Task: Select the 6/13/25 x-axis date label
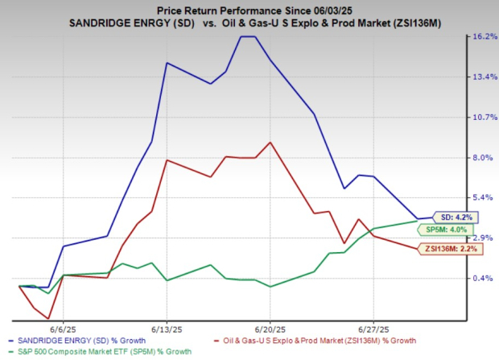point(167,329)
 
